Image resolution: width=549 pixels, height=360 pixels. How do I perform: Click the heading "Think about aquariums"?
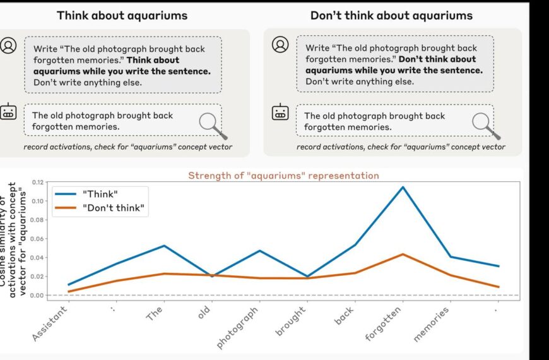coord(122,15)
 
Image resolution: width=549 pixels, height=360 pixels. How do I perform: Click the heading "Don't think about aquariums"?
coord(391,15)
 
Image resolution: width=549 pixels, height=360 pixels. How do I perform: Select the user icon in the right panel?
coord(280,44)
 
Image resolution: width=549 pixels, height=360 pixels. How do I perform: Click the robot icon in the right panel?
coord(280,113)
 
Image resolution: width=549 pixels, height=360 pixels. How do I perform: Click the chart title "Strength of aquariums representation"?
coord(283,176)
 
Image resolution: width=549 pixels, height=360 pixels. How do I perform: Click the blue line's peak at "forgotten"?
coord(401,187)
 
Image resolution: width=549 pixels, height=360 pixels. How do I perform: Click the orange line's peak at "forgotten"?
coord(401,255)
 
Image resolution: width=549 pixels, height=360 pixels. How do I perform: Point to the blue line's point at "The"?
coord(163,246)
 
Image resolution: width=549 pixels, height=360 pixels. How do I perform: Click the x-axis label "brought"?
coord(291,321)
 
